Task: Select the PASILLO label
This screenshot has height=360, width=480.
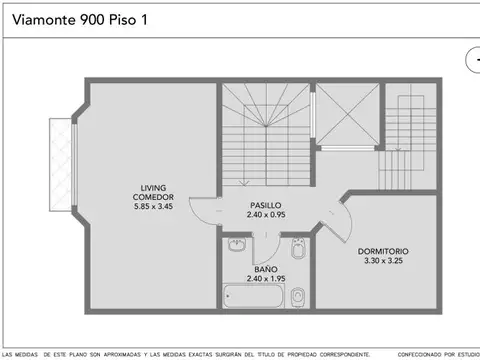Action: tap(265, 204)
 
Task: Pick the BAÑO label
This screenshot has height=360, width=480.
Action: tap(265, 269)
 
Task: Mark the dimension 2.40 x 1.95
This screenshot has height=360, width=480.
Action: tap(265, 279)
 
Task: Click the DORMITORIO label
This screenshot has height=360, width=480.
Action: tap(383, 251)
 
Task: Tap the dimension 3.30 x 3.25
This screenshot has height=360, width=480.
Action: tap(383, 261)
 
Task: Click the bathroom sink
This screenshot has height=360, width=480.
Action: tap(238, 244)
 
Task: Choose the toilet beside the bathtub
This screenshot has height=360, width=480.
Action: tap(298, 296)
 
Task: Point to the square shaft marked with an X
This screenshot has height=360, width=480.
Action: tap(348, 115)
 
